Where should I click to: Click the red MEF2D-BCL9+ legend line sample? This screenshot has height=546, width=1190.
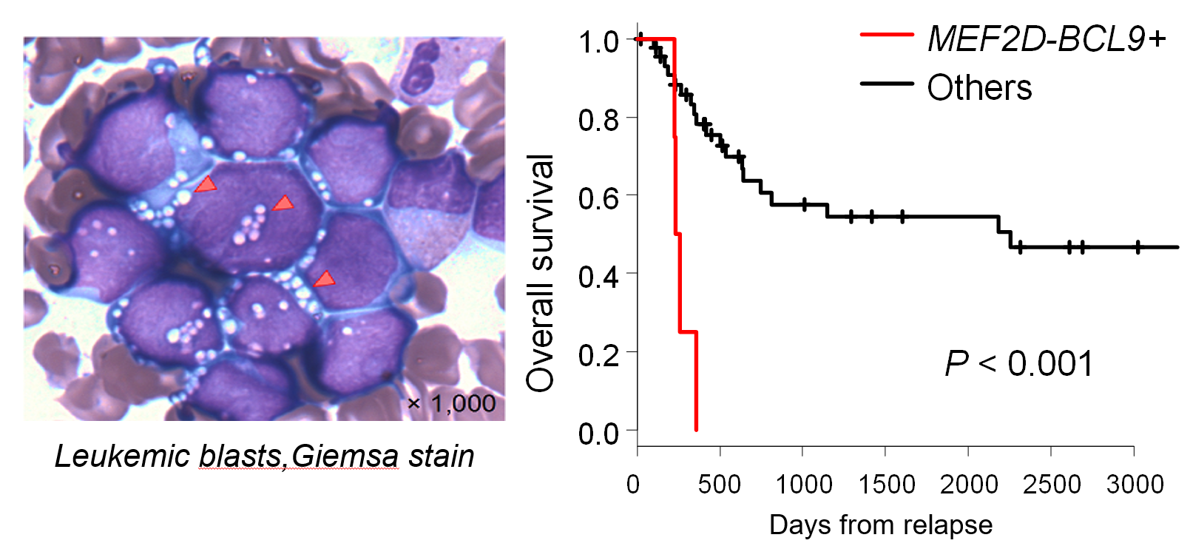coord(887,35)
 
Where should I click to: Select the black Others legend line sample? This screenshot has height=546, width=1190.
coord(887,84)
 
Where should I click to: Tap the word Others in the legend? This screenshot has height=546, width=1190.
coord(979,87)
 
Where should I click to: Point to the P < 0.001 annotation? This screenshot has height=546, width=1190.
coord(1018,364)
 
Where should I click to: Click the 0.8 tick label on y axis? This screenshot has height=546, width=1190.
coord(598,119)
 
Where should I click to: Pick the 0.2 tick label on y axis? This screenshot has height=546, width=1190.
coord(598,354)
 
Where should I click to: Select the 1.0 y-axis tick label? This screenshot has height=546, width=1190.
coord(598,41)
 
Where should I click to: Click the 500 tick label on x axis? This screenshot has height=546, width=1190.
coord(719,485)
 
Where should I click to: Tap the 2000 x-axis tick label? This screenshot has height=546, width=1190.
coord(968,485)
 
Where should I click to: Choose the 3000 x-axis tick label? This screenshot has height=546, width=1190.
coord(1135,485)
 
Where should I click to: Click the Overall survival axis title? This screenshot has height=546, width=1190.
coord(540,273)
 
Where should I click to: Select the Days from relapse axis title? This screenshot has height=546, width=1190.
coord(880,525)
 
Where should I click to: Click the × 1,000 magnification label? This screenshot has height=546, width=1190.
coord(451,404)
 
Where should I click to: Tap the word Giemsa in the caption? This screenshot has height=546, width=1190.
coord(345,456)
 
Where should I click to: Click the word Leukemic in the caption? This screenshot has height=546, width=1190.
coord(123,456)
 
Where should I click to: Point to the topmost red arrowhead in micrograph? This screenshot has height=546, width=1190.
coord(206,185)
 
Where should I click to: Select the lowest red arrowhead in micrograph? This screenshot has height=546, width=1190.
coord(324,280)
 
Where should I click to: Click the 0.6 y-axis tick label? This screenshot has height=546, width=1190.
coord(598,198)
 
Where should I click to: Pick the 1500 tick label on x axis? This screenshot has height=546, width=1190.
coord(886,485)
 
